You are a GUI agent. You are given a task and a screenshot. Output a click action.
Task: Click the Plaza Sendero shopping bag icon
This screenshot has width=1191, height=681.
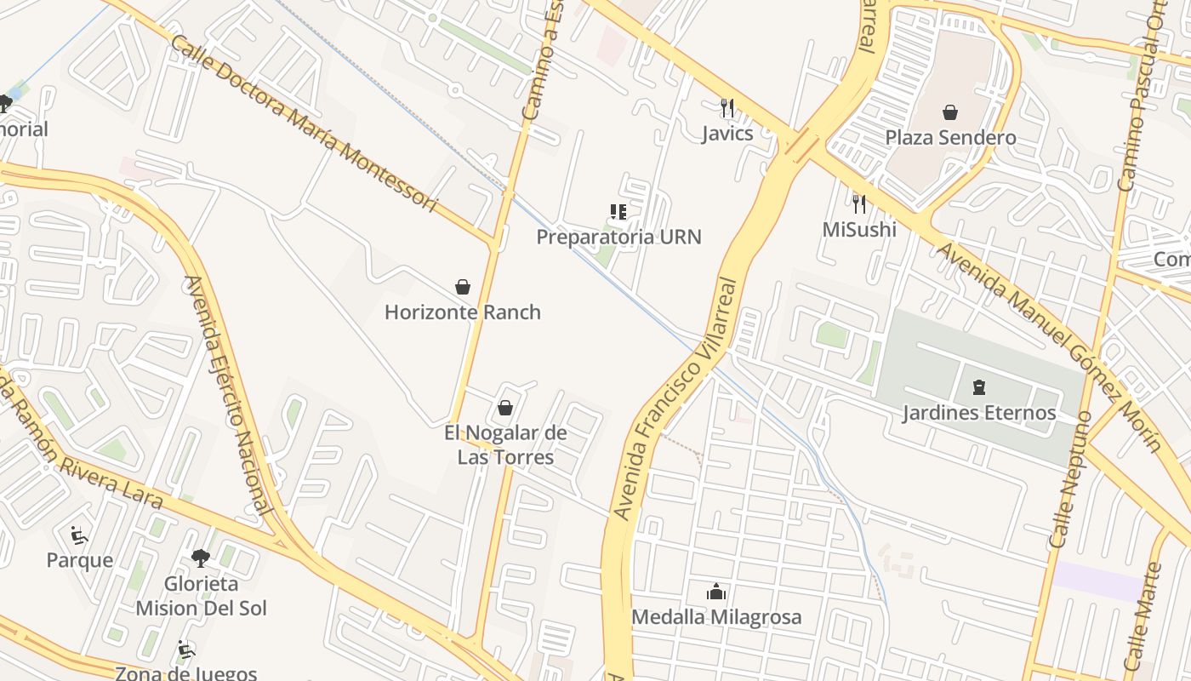pos(950,112)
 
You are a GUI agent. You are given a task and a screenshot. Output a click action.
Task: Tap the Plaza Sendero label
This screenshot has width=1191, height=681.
pos(950,137)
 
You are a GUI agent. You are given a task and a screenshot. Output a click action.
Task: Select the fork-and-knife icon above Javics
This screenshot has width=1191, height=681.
pos(727,108)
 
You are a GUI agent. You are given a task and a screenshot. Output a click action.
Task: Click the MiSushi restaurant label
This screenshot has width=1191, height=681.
pos(859,229)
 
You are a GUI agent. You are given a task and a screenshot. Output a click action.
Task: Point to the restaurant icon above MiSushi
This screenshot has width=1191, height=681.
pos(859,204)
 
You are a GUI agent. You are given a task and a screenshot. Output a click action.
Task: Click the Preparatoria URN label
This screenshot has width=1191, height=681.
pos(618,237)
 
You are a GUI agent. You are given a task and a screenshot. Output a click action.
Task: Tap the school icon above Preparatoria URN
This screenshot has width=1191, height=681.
pos(618,212)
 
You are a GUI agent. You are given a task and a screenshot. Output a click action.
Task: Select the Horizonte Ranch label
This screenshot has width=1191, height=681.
pos(462,312)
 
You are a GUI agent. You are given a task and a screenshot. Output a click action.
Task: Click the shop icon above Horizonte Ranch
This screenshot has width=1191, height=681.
pos(463,287)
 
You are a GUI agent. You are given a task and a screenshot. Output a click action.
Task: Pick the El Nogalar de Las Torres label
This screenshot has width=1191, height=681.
pos(505,444)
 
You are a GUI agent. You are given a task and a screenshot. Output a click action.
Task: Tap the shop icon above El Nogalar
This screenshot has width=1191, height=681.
pos(505,409)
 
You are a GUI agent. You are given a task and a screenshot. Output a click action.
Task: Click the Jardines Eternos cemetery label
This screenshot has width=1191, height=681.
pos(978,413)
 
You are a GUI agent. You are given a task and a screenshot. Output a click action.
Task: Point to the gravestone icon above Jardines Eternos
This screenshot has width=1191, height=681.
pos(978,388)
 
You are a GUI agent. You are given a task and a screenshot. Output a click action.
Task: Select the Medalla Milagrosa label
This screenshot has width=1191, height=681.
pos(716,616)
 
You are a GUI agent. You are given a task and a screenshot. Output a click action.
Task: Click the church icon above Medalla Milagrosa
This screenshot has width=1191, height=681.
pos(716,592)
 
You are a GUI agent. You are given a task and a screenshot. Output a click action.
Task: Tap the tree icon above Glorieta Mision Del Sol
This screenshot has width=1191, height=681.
pos(201,558)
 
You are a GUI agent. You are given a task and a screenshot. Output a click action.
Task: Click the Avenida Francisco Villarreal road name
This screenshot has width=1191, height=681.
pos(675,398)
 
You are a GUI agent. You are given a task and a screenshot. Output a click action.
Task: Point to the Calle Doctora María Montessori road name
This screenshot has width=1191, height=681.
pos(305,124)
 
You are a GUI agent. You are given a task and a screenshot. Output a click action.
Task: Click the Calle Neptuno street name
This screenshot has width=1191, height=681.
pos(1071,478)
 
